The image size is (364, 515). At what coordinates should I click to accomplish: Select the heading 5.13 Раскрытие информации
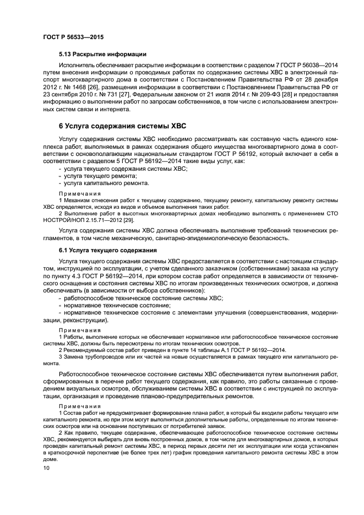[102, 54]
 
